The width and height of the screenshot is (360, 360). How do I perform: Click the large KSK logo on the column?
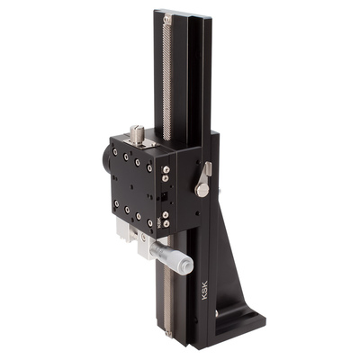coord(205,290)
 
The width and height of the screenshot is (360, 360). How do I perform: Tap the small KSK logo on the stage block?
coord(158,223)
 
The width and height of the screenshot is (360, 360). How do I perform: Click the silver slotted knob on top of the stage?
coord(137,134)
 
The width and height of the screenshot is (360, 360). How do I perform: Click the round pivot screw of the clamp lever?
coord(202,190)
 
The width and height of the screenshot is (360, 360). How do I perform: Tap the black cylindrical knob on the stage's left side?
coord(106,159)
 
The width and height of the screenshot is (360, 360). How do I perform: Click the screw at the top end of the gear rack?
coord(167,20)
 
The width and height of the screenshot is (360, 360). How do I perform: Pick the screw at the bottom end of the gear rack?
coord(168,333)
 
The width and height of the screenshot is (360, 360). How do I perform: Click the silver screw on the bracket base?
coord(217,314)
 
